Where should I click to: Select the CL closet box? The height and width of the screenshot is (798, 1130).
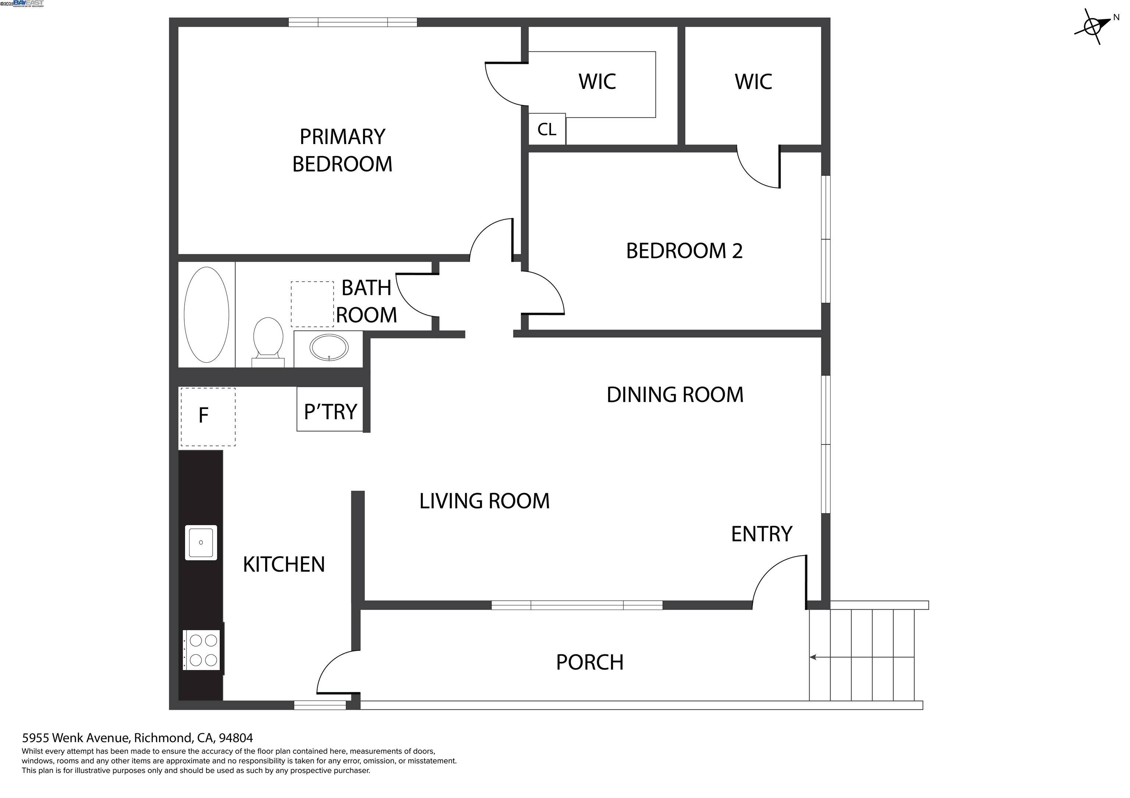click(x=547, y=129)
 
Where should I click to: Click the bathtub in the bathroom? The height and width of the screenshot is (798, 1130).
click(x=206, y=314)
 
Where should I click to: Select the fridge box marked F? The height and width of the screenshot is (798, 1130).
click(x=208, y=417)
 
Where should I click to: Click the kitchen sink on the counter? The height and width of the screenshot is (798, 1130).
click(x=201, y=542)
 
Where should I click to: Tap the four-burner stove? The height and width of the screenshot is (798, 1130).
click(x=202, y=650)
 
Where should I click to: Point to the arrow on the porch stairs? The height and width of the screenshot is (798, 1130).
click(x=813, y=657)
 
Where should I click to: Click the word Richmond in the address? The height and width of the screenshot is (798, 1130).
click(x=163, y=737)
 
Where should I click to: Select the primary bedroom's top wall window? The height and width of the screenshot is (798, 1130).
click(x=352, y=22)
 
